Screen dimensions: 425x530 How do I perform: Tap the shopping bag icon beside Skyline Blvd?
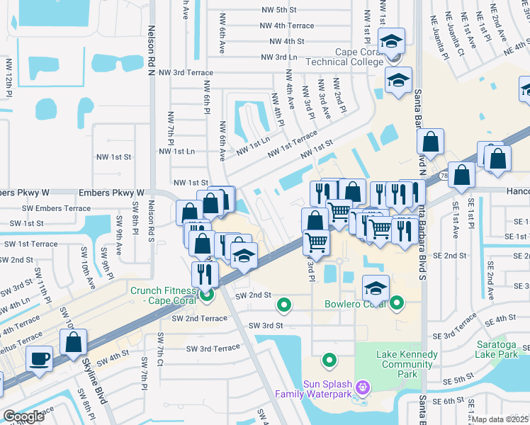tap(74, 343)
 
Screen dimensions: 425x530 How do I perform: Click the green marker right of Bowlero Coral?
tap(396, 304)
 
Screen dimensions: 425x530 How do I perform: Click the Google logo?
tap(23, 416)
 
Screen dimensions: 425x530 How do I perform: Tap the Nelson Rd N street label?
tap(151, 50)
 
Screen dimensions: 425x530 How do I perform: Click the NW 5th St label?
tap(277, 10)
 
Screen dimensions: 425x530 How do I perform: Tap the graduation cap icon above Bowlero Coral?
tap(376, 288)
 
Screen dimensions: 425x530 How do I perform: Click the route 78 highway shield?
tap(443, 174)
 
